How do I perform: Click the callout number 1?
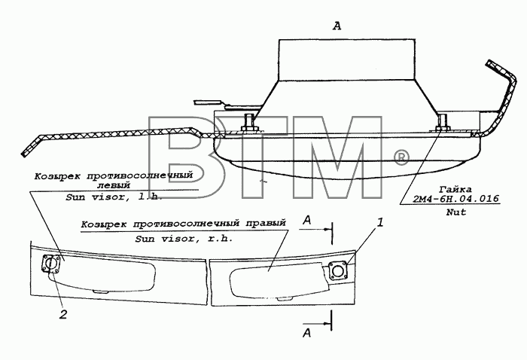tap(379, 222)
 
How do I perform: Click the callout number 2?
tap(63, 314)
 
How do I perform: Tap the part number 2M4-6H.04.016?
tap(455, 199)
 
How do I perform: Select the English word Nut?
tap(456, 212)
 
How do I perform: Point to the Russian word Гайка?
tap(456, 189)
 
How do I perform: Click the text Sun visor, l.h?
tap(114, 197)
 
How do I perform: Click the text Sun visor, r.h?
tap(184, 239)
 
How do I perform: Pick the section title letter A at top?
tap(337, 26)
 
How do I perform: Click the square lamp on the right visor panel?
tap(337, 270)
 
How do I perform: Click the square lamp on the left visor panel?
tap(51, 264)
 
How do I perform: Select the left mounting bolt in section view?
tap(248, 122)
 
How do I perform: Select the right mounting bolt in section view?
tap(443, 122)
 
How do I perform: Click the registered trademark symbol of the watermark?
tap(401, 159)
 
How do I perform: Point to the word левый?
tap(113, 185)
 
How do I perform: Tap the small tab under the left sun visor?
tap(100, 291)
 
